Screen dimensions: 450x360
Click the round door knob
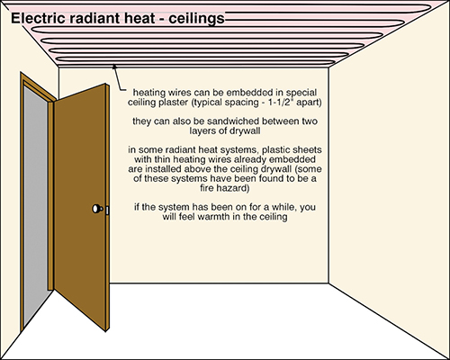click(x=96, y=209)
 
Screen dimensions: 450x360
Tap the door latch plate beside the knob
click(x=107, y=210)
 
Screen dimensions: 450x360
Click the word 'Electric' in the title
click(x=38, y=18)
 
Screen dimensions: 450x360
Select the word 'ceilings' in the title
click(x=196, y=19)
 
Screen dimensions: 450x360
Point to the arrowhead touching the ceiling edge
click(x=114, y=67)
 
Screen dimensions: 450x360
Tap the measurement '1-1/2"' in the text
click(x=279, y=103)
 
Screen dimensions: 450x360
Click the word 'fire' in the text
click(x=207, y=188)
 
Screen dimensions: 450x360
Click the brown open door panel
click(x=81, y=207)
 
